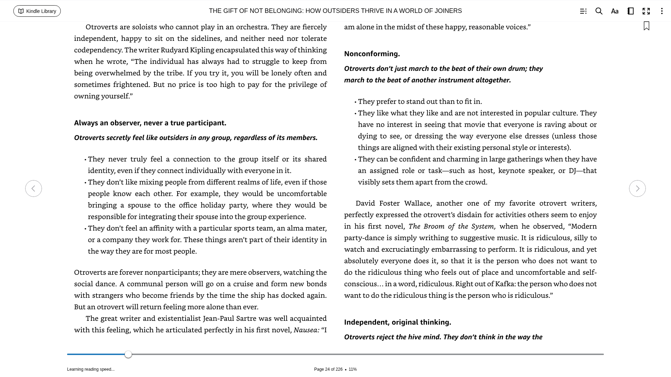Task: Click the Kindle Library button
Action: pos(37,11)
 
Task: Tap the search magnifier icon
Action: pos(599,11)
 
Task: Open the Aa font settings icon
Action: pos(615,11)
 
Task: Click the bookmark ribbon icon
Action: pos(647,26)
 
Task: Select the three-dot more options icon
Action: pos(662,11)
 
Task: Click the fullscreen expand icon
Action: pos(646,11)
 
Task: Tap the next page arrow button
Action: pos(637,188)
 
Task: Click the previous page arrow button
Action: pos(34,188)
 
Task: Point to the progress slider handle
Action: pos(128,354)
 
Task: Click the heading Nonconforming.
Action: pos(372,54)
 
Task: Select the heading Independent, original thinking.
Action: pos(397,322)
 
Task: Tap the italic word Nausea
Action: pos(306,330)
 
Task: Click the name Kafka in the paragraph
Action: pos(505,284)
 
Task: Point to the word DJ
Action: pos(572,171)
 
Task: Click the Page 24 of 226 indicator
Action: pos(328,369)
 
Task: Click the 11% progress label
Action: pos(353,369)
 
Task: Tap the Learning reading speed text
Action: pos(91,369)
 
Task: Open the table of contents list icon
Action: pos(583,11)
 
